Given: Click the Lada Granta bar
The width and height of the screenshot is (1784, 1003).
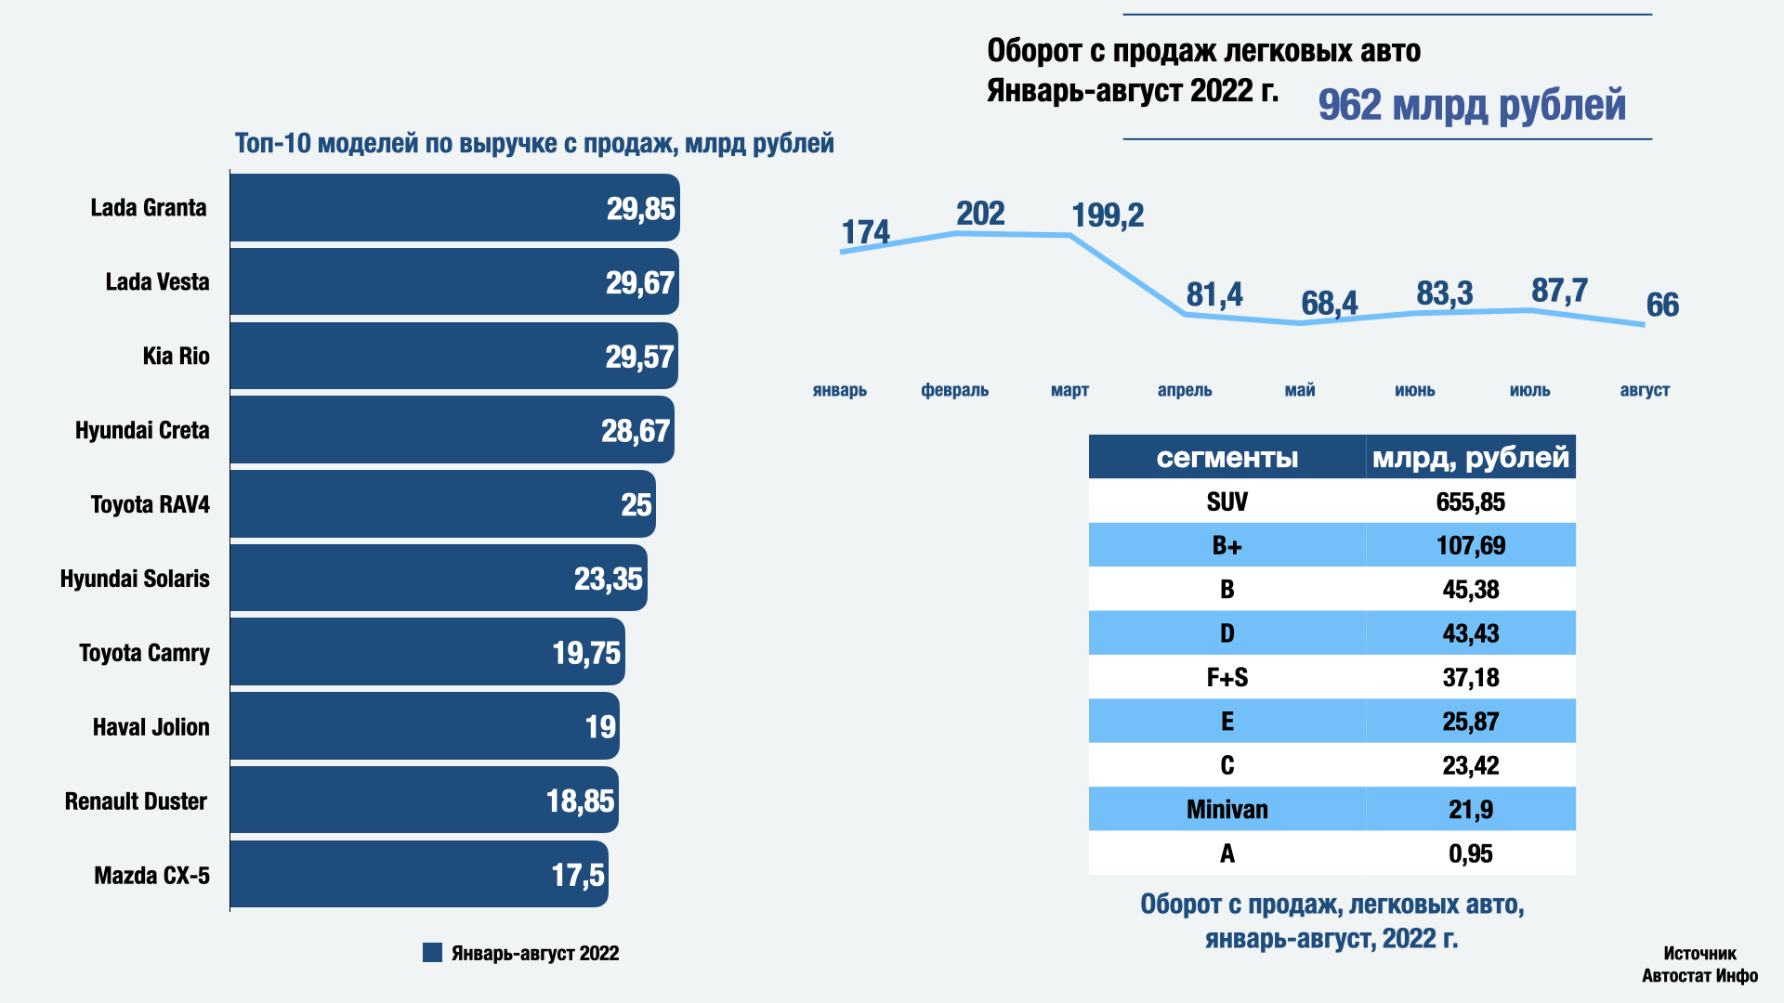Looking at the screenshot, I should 454,208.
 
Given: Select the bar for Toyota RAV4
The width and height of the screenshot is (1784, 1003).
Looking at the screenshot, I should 442,504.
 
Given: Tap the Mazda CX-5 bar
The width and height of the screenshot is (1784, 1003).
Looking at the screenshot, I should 419,875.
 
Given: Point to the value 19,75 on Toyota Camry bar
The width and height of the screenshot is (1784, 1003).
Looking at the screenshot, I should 585,653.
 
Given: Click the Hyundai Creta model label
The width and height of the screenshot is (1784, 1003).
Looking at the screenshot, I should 142,431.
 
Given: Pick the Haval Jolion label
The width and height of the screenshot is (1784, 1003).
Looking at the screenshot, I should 151,727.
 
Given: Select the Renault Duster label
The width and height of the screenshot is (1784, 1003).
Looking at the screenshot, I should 136,801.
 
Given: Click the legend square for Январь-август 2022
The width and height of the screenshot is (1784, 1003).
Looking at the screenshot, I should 432,953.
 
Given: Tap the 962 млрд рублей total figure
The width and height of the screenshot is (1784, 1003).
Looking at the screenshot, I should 1472,105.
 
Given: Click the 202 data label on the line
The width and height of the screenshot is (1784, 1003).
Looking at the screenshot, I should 980,214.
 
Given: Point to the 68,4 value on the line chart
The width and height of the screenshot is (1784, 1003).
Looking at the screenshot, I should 1329,304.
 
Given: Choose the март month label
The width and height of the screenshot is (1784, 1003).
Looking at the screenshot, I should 1069,390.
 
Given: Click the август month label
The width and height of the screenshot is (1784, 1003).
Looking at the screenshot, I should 1645,390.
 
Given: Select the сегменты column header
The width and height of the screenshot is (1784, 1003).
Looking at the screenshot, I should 1226,457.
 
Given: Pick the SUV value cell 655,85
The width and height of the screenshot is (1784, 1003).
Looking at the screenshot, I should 1470,502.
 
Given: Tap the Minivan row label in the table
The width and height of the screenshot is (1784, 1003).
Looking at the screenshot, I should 1226,810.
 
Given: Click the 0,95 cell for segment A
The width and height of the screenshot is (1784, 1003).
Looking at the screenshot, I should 1470,853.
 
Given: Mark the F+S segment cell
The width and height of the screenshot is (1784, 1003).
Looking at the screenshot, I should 1226,678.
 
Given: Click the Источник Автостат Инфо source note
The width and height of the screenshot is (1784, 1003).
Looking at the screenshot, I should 1699,964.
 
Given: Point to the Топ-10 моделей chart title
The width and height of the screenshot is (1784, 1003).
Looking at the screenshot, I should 534,144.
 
